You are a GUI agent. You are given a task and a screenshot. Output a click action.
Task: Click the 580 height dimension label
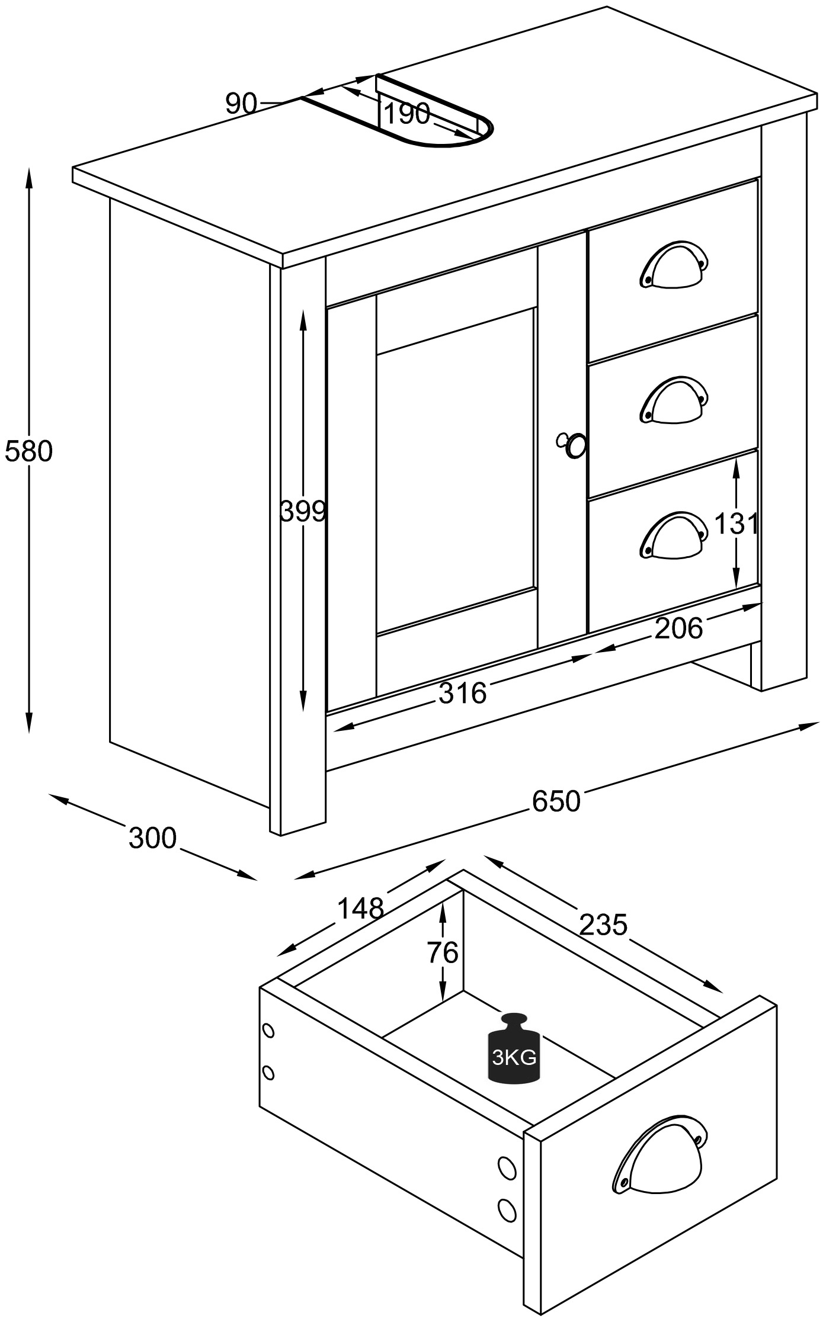(x=28, y=452)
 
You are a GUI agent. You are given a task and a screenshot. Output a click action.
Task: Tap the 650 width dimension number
(x=556, y=801)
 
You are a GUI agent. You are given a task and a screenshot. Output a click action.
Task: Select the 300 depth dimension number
(x=153, y=838)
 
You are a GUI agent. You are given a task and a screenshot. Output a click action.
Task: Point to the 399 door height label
(x=303, y=511)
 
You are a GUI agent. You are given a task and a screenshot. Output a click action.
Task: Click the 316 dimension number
(x=462, y=693)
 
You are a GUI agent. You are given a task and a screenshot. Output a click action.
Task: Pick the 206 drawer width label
(x=678, y=628)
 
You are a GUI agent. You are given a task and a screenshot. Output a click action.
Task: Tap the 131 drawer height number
(x=736, y=524)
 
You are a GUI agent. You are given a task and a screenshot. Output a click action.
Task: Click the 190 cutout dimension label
(x=406, y=114)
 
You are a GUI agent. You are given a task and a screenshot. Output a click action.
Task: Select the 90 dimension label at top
(x=241, y=104)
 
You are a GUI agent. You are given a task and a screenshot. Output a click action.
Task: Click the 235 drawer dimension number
(x=603, y=925)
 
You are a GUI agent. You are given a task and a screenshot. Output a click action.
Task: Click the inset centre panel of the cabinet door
(x=456, y=471)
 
